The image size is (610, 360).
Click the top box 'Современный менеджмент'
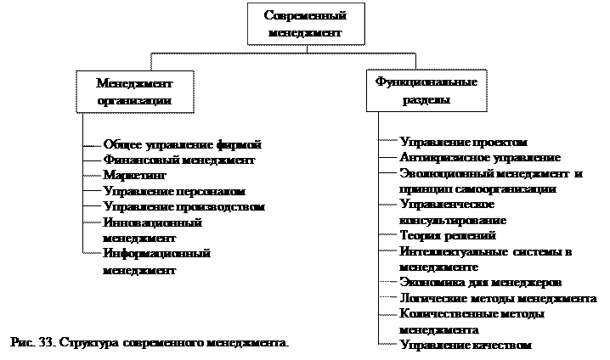[304, 24]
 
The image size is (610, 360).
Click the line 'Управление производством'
[184, 206]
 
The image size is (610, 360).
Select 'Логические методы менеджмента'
[498, 298]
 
